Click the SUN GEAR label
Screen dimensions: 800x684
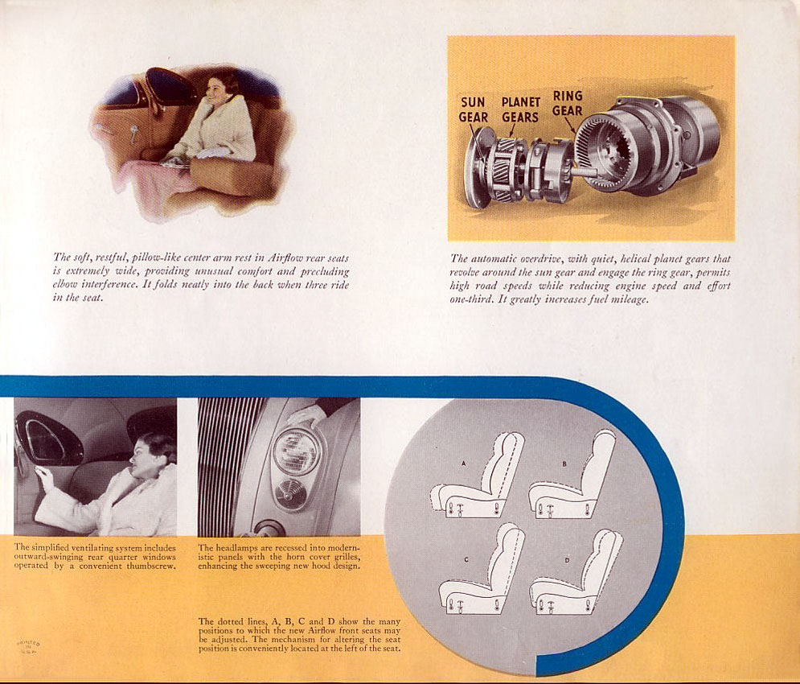click(x=473, y=109)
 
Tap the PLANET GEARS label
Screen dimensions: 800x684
click(x=520, y=109)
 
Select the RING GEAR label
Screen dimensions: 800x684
click(x=568, y=103)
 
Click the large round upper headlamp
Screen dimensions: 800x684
click(x=297, y=451)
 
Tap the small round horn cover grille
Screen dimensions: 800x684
click(x=290, y=494)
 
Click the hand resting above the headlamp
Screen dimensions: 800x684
click(x=307, y=414)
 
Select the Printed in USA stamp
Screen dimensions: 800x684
click(x=28, y=645)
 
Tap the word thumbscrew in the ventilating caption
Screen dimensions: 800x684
click(x=151, y=566)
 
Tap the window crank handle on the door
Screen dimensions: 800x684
click(x=133, y=134)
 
